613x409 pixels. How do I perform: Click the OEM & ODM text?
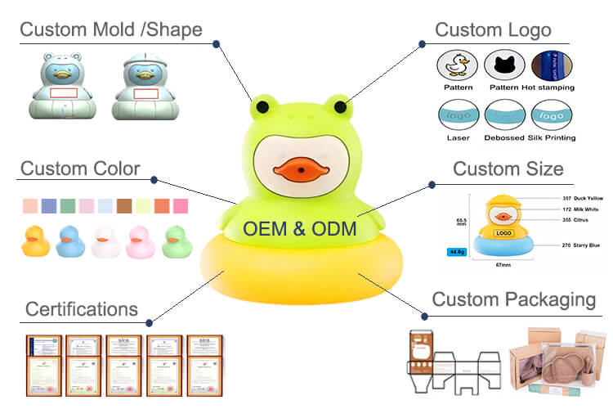[x=301, y=228]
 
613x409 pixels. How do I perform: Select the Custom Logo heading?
[x=492, y=30]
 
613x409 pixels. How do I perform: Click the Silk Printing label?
[x=553, y=137]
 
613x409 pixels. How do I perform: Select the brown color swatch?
[x=123, y=204]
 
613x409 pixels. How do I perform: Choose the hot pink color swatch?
[x=181, y=204]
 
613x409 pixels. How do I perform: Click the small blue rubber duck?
[x=70, y=241]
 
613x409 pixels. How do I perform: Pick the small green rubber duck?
[x=177, y=241]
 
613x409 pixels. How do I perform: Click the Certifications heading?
[x=82, y=309]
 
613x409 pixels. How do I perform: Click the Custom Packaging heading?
[x=513, y=299]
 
